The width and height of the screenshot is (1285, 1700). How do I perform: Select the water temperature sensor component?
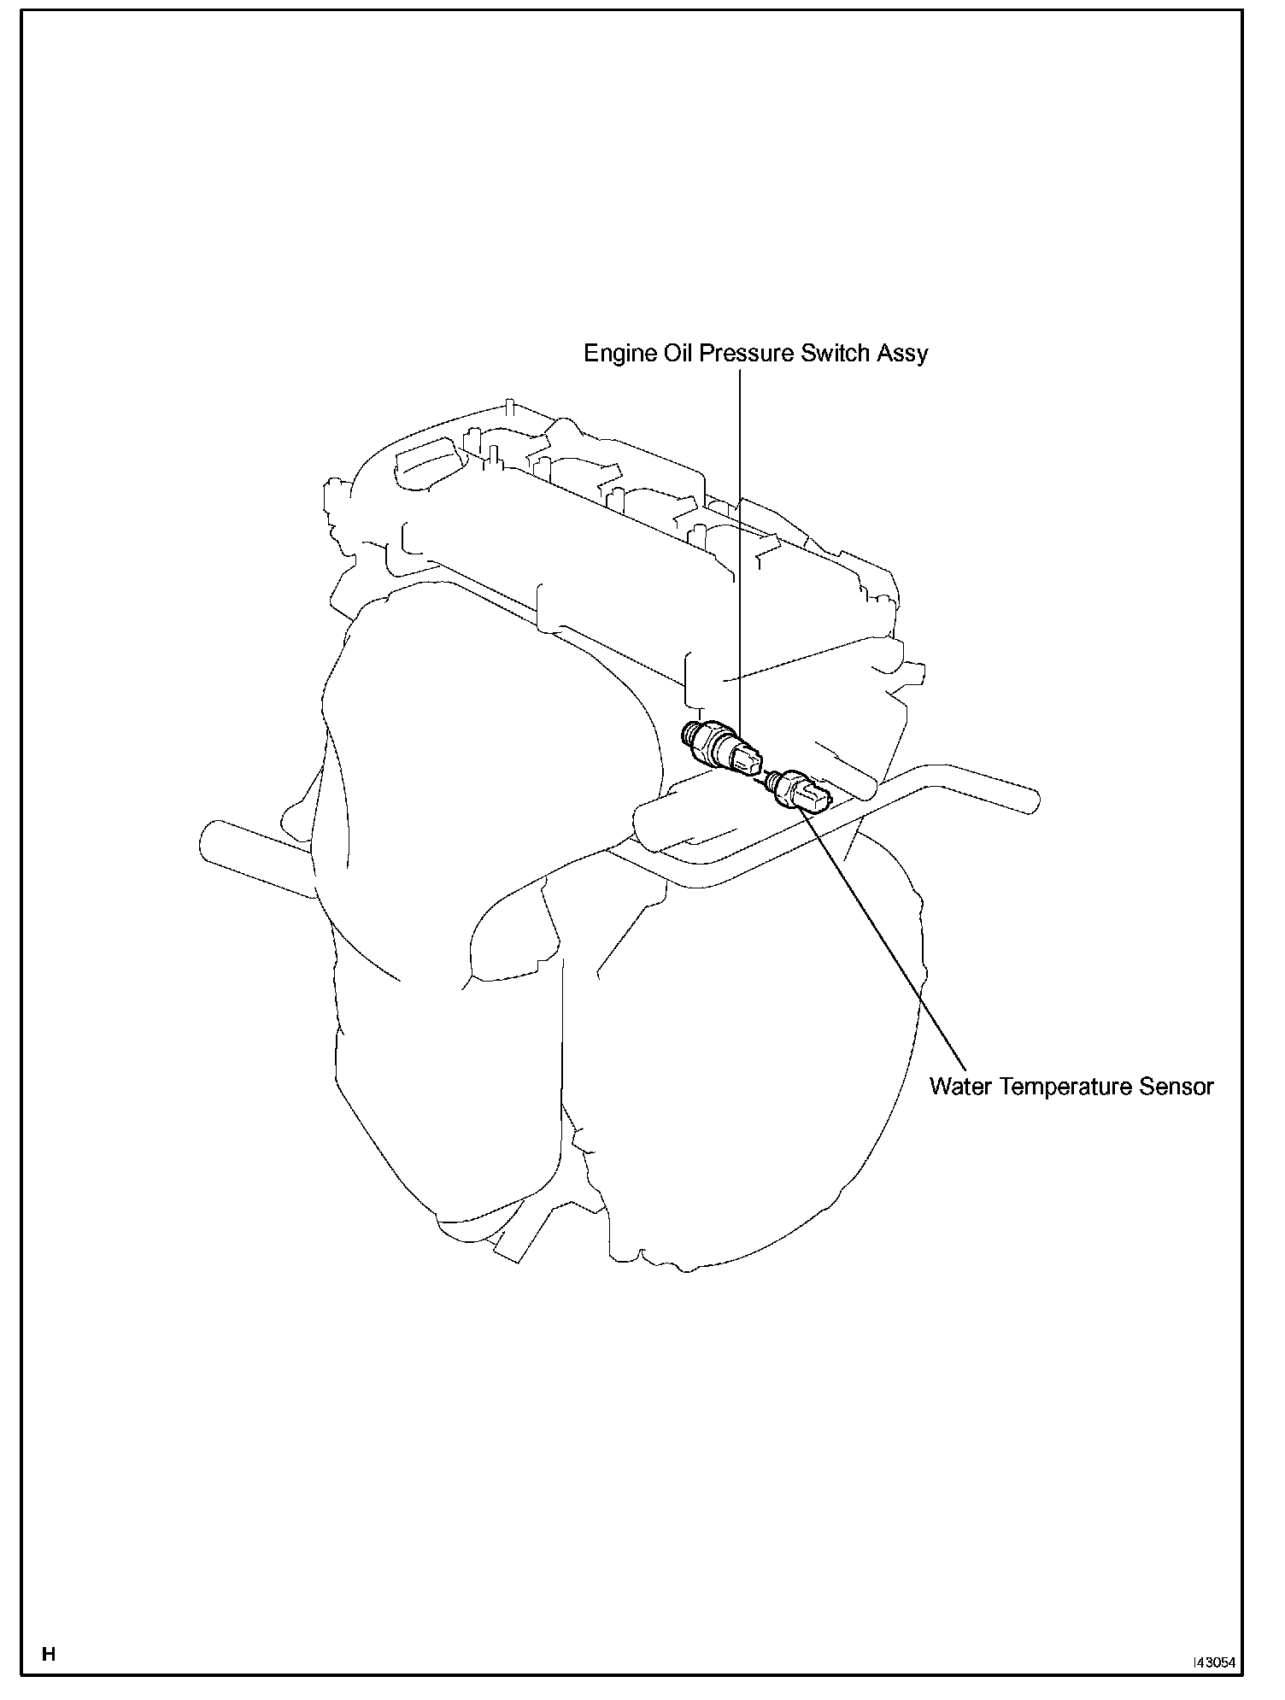(796, 791)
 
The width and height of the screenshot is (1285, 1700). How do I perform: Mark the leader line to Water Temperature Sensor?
(889, 940)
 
